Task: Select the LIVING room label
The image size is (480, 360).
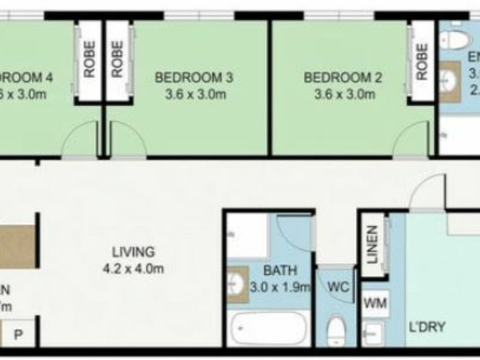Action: [x=133, y=252]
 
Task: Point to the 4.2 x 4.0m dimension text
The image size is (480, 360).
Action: [x=133, y=269]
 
